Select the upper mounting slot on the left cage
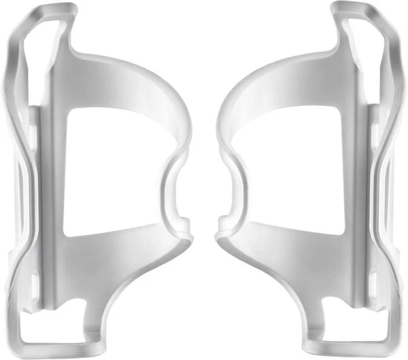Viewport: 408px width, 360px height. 34,129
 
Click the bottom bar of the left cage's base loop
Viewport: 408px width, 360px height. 54,350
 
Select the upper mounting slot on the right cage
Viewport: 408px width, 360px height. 374,129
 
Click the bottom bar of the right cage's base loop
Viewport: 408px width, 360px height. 354,350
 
